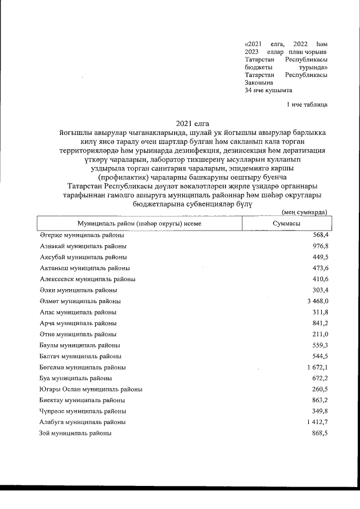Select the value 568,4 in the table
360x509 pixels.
(319, 236)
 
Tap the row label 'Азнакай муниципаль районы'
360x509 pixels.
(83, 246)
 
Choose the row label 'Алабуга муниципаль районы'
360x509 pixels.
(82, 422)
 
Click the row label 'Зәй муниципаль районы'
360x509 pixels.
(75, 433)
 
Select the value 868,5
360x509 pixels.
(319, 433)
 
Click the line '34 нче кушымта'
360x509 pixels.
(269, 89)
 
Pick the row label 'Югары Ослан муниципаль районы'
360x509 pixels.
(91, 389)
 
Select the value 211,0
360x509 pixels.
(319, 334)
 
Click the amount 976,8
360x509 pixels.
(319, 246)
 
